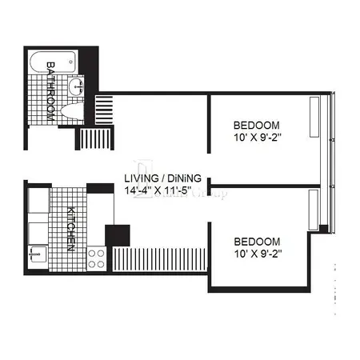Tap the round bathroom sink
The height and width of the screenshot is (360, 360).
[76, 86]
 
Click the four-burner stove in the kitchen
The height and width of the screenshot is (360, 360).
[97, 258]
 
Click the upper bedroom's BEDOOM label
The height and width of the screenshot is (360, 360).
[257, 126]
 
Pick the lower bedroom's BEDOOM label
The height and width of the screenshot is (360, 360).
[257, 241]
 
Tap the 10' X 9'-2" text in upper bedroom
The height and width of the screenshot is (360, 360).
[257, 138]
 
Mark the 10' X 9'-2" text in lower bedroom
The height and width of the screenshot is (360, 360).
[257, 254]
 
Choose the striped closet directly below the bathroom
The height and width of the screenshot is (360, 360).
[89, 139]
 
